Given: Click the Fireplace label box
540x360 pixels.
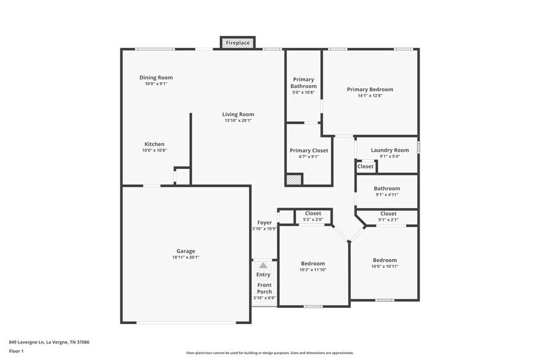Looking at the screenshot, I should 238,43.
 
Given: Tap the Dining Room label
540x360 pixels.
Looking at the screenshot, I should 156,78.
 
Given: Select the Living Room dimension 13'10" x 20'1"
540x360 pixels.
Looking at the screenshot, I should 238,121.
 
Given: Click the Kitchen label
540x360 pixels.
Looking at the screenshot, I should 154,144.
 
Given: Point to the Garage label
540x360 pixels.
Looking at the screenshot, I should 186,251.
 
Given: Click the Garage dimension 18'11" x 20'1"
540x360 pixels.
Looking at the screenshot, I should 186,257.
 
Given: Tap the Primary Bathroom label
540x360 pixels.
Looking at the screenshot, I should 303,83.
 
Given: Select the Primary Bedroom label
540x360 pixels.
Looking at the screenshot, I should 370,89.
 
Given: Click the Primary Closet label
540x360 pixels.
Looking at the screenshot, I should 309,150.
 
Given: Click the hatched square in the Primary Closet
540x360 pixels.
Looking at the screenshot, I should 294,179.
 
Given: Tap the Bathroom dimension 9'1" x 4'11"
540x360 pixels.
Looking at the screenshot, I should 387,195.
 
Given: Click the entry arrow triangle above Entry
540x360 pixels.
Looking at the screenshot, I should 263,265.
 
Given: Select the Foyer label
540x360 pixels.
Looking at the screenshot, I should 264,223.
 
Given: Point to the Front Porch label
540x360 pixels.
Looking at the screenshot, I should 264,288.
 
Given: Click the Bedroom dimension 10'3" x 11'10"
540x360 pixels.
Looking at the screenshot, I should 313,269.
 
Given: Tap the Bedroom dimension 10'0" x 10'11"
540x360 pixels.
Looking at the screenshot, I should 384,266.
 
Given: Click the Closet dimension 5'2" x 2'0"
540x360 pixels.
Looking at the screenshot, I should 313,219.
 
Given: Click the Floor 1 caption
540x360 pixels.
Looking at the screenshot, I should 16,351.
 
